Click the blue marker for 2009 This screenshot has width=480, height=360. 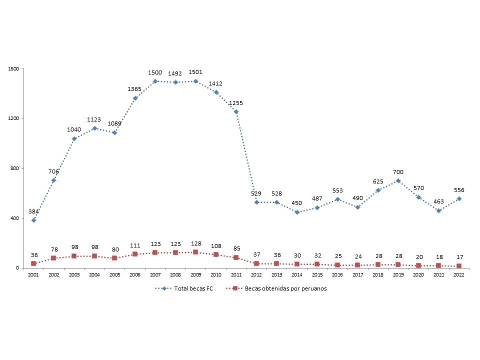pos(195,81)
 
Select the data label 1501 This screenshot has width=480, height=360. pos(195,72)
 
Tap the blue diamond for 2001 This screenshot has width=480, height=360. pos(33,220)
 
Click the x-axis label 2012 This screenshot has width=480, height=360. pos(256,274)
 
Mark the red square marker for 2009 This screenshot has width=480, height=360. pos(195,252)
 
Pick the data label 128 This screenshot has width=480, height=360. pos(195,243)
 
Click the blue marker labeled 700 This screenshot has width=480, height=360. pos(398,180)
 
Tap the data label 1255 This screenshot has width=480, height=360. pos(236,103)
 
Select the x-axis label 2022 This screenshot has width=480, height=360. pos(458,274)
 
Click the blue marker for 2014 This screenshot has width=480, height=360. pos(297,212)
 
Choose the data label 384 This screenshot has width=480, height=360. pos(33,211)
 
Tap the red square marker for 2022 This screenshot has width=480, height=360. pos(458,266)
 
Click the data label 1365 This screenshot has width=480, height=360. pos(135,89)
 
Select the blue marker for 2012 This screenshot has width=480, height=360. pos(256,202)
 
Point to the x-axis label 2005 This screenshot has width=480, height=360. pos(114,274)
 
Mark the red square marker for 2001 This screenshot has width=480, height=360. pos(33,263)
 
